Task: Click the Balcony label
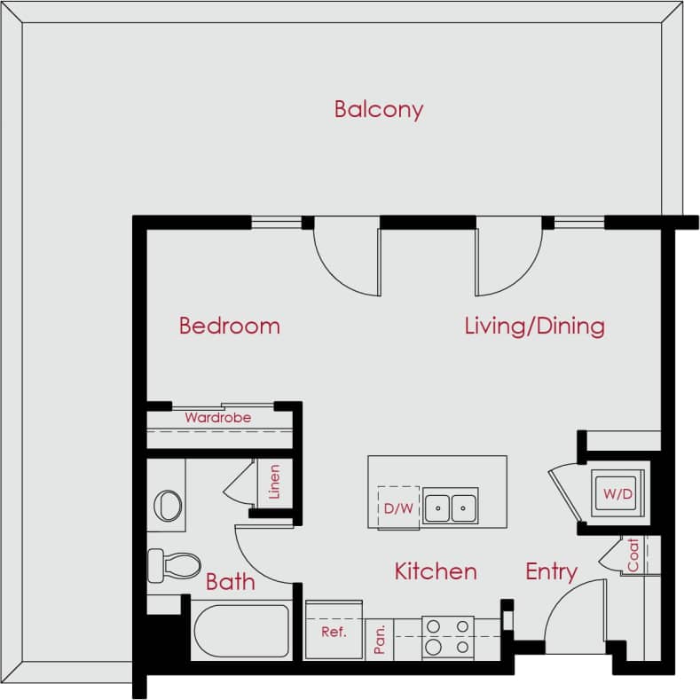[379, 109]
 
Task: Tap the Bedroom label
[229, 326]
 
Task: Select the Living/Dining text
[534, 326]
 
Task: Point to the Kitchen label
[436, 571]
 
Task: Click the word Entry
[551, 571]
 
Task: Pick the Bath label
[230, 582]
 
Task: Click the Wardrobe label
[217, 417]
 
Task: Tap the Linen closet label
[274, 482]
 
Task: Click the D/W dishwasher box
[397, 508]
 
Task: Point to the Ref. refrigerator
[333, 631]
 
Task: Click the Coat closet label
[633, 555]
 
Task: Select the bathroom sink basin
[167, 506]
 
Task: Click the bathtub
[241, 631]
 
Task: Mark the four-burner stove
[447, 637]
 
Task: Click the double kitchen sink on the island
[450, 507]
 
